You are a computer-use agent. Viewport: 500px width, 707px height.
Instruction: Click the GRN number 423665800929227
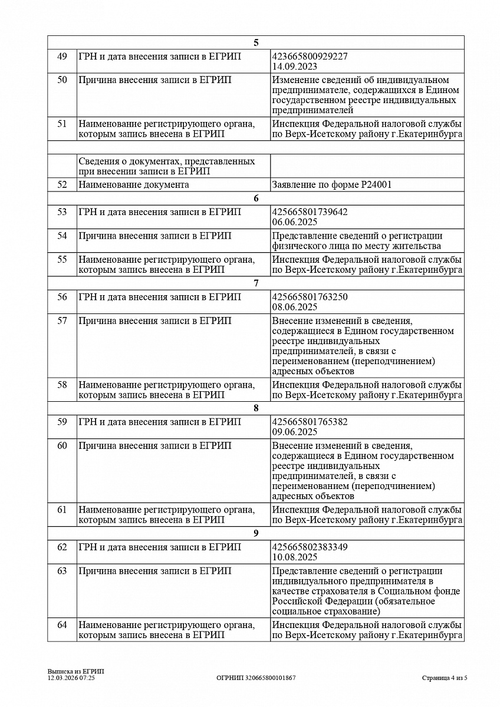[310, 56]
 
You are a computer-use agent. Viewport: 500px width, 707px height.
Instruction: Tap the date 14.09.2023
[295, 66]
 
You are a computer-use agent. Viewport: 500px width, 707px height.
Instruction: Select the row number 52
[62, 184]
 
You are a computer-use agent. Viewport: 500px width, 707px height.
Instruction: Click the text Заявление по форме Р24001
[332, 184]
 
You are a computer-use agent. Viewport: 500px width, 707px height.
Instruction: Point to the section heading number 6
[256, 199]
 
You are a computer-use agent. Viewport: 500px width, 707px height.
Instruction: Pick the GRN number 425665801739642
[310, 212]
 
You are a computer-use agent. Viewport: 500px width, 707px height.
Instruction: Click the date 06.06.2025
[295, 222]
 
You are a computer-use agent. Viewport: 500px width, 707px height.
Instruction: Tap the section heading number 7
[256, 283]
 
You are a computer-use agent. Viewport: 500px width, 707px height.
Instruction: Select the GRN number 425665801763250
[310, 297]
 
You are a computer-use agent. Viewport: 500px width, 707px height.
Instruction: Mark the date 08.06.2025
[295, 307]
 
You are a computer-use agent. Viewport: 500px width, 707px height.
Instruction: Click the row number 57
[62, 321]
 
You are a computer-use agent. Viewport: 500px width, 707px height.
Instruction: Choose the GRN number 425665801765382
[310, 422]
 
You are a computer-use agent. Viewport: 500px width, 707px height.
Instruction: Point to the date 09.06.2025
[295, 432]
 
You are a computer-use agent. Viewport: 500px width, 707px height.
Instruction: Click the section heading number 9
[256, 534]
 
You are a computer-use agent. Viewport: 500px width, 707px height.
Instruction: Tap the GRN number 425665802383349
[310, 547]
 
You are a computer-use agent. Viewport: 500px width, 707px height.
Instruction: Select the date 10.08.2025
[295, 557]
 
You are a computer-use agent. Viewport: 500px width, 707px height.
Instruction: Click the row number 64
[62, 625]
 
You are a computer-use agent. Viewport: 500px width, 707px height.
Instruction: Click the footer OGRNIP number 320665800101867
[256, 678]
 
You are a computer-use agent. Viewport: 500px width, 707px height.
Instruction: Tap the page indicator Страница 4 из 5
[445, 678]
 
